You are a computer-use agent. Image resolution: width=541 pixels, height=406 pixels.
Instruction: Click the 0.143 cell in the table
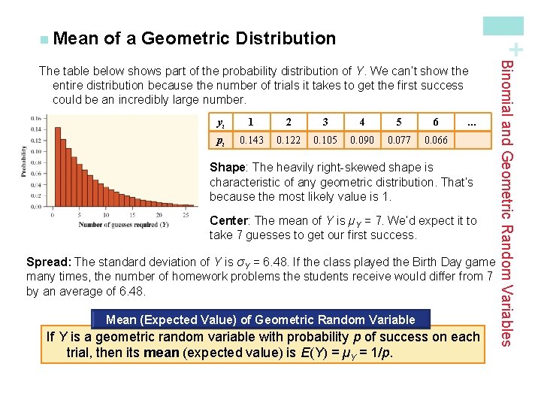251,140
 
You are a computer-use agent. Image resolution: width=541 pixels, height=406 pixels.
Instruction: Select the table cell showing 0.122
289,140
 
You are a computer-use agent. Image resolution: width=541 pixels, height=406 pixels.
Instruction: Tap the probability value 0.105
325,140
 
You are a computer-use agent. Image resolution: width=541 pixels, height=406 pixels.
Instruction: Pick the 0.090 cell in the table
362,140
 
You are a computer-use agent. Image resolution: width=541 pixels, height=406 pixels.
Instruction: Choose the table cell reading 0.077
399,140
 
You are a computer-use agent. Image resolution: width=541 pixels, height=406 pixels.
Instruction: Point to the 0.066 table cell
436,140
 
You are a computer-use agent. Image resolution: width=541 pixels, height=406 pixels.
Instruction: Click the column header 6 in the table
436,122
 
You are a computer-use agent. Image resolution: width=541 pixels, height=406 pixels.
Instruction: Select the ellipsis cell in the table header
472,122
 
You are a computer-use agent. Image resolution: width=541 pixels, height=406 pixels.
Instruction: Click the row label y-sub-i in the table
219,122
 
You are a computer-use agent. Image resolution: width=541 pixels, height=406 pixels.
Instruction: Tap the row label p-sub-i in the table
219,140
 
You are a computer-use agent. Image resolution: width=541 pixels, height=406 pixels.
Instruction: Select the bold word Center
230,220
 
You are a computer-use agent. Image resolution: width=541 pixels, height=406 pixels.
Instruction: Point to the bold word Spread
48,262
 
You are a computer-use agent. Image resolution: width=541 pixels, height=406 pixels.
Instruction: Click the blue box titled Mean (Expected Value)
261,320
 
